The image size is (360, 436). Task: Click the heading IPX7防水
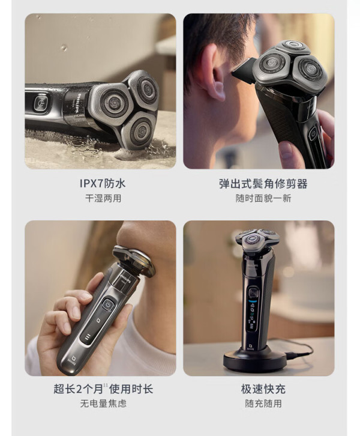click(103, 184)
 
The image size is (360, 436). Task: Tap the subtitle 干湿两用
click(103, 198)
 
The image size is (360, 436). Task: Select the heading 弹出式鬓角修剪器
click(263, 184)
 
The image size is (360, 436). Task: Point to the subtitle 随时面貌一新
click(263, 198)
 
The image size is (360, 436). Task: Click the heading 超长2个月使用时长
click(103, 389)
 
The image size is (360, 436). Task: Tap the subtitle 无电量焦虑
click(103, 403)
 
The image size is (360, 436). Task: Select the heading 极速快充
click(263, 389)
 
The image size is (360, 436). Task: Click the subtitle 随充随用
click(263, 403)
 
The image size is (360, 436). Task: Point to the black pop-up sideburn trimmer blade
click(244, 70)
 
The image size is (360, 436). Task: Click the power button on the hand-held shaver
click(107, 304)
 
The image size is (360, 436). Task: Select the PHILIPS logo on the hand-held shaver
click(125, 278)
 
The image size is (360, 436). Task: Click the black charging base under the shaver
click(255, 361)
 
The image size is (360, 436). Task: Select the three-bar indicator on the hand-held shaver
click(88, 338)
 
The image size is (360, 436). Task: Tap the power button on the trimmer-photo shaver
click(314, 133)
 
